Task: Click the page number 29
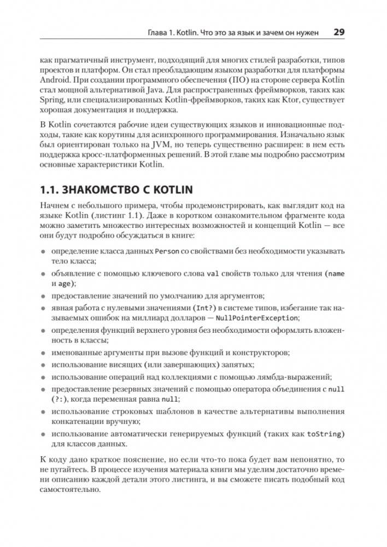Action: [x=338, y=32]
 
